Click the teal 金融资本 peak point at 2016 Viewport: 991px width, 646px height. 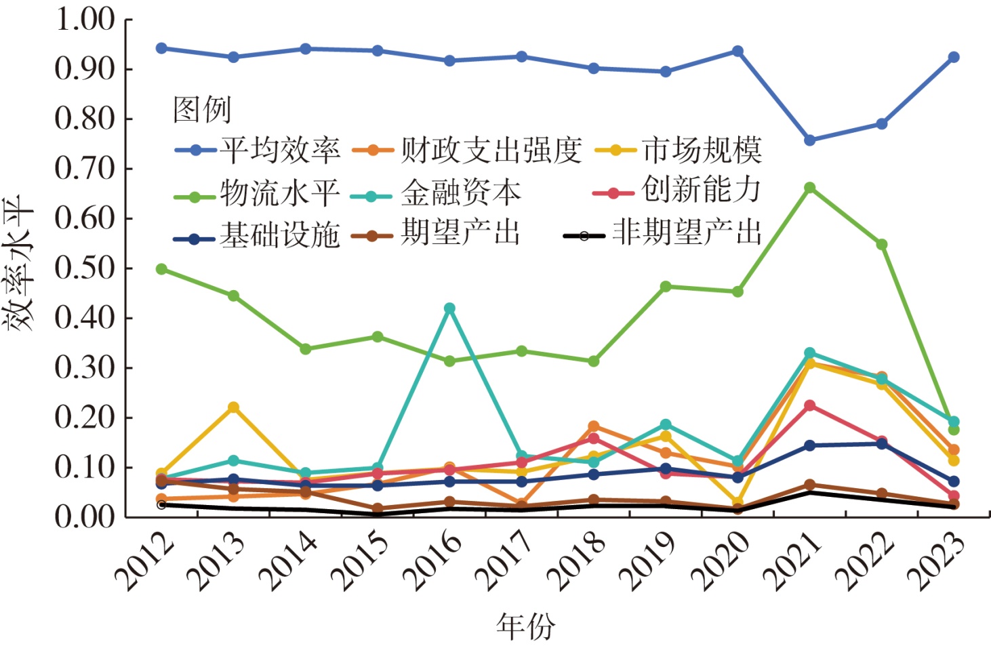[449, 308]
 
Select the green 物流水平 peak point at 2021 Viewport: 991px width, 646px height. [809, 188]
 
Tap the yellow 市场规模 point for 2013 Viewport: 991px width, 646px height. [233, 407]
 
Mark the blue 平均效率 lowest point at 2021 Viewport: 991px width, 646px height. [809, 140]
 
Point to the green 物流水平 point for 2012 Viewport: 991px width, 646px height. [161, 269]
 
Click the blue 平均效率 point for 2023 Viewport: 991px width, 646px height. [953, 57]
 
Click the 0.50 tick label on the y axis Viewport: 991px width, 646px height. [84, 268]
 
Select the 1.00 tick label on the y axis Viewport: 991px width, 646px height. [84, 20]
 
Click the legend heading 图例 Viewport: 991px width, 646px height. [202, 110]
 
